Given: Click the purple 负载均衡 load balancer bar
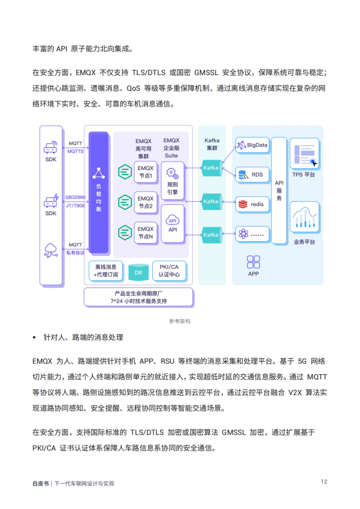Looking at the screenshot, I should click(98, 192).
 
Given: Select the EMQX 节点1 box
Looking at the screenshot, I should click(146, 172).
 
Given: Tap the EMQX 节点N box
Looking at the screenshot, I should click(146, 233).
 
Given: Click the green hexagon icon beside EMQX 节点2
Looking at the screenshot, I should click(124, 202).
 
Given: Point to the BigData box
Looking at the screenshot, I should click(252, 145).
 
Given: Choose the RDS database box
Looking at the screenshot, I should click(252, 175).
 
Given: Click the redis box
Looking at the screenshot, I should click(252, 204).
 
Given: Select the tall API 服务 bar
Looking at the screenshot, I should click(279, 190).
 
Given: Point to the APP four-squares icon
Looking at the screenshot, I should click(254, 262).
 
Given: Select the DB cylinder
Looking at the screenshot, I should click(138, 273).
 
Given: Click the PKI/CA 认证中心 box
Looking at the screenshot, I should click(168, 271).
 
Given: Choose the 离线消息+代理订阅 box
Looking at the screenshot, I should click(105, 271).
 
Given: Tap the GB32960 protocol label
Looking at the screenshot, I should click(76, 197).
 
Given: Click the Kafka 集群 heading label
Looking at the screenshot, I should click(211, 143).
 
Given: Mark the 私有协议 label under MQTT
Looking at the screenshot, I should click(76, 252).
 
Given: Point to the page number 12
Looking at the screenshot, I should click(323, 481).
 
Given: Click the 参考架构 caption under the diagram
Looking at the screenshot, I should click(180, 321).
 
